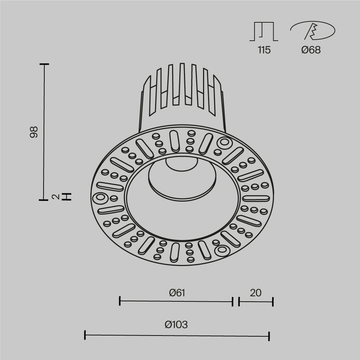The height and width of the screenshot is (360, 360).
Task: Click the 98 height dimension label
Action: (34, 132)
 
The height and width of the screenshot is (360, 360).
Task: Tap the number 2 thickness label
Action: (55, 197)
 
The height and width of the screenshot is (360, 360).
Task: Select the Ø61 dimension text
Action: (177, 293)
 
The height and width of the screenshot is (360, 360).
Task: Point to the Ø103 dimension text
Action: (176, 325)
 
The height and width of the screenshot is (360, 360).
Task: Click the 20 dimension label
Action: (256, 293)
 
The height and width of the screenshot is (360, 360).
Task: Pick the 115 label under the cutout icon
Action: (264, 50)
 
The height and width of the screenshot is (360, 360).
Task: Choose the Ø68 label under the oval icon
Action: (311, 50)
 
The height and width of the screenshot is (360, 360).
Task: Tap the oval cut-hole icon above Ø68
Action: (312, 31)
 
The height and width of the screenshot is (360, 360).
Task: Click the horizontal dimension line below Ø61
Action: (176, 301)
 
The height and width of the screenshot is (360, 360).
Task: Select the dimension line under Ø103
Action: (177, 335)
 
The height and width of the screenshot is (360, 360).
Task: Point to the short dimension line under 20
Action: (256, 302)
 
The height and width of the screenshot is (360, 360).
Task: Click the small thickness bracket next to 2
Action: (67, 197)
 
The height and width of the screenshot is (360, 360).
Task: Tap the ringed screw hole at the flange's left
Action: (100, 197)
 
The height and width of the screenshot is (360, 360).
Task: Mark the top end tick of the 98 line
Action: (44, 64)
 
